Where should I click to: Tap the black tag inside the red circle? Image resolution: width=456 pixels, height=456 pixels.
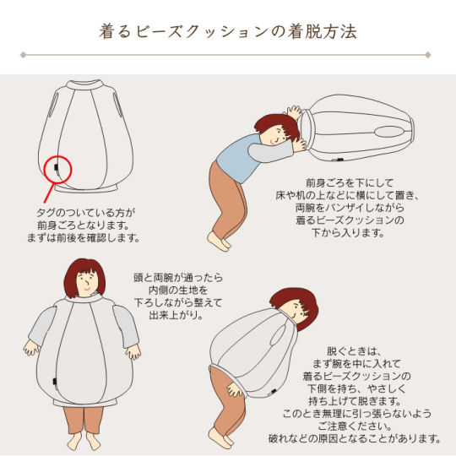56,167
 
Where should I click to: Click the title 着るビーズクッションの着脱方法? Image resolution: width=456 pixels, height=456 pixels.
228,31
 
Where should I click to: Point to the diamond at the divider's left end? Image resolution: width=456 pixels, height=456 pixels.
24,55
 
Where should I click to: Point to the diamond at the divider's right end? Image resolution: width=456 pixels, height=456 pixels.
428,55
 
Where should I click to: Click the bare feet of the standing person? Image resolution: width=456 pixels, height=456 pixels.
84,440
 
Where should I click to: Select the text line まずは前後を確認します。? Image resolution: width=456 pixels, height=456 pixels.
84,238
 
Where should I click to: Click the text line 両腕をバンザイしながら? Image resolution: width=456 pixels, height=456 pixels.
350,208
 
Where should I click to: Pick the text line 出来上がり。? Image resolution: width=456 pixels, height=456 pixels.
176,315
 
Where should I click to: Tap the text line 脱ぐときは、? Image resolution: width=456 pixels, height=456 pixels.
354,351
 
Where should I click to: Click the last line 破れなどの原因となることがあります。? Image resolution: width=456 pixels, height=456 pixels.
355,438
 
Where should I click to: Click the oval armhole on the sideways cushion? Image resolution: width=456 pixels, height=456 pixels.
389,132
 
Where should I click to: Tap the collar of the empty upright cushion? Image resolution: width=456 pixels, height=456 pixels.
85,84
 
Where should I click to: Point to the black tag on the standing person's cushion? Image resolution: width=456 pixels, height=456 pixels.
55,382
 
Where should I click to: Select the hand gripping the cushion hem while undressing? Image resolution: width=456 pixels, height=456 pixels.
235,389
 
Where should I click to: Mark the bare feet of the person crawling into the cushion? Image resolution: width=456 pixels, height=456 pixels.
219,241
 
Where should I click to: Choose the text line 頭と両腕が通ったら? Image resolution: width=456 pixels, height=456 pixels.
178,278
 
